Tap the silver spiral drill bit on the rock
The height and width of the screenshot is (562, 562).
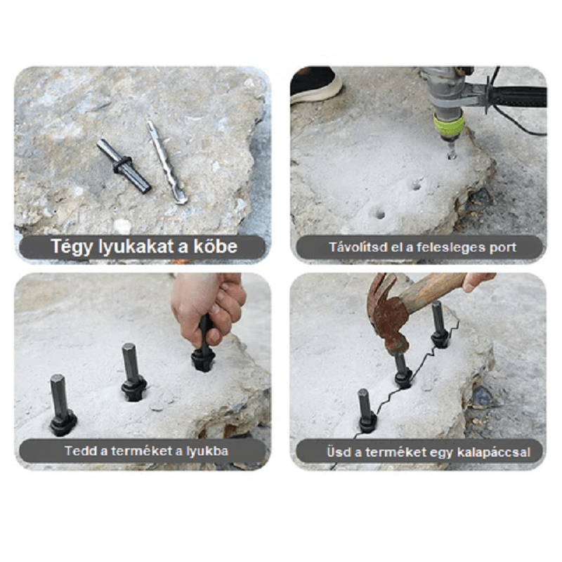166,162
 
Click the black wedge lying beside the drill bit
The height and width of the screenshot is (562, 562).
124,166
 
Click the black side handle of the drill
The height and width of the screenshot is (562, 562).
516,97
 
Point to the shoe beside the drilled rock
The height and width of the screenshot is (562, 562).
315,85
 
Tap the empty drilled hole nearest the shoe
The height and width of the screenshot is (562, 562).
379,214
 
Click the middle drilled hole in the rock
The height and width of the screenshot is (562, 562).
417,185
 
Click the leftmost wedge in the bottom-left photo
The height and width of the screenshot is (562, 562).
62,405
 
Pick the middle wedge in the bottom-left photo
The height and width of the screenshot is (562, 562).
133,372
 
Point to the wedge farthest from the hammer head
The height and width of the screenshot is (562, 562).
366,412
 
